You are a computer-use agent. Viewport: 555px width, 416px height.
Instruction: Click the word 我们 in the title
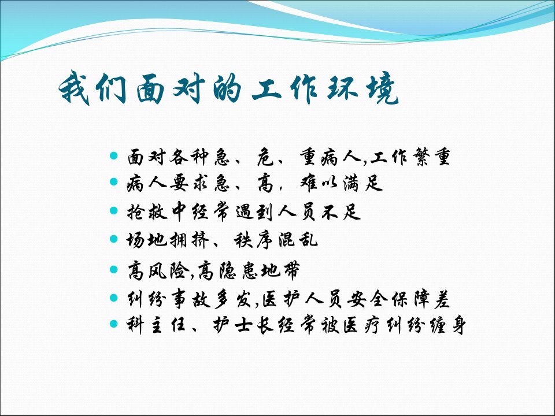[92, 87]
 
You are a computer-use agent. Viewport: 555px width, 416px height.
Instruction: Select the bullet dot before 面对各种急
[114, 155]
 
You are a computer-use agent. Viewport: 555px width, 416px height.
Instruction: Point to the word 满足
[363, 183]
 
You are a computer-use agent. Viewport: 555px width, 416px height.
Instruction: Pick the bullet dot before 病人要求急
[114, 182]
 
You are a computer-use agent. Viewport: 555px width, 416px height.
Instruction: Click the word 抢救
[147, 212]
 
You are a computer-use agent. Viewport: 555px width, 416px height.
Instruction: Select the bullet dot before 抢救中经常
[114, 210]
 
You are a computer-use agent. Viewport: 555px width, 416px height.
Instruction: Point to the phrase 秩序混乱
[276, 240]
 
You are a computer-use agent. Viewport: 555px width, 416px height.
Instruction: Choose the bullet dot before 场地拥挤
[114, 239]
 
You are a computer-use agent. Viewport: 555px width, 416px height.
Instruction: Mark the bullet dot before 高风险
[114, 269]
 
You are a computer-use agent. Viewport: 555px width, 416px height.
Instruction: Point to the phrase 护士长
[243, 325]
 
